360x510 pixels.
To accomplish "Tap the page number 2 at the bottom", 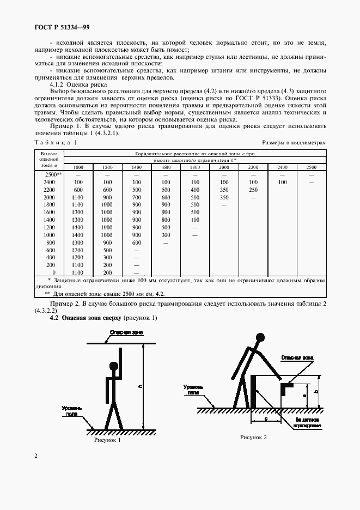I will coord(36,456).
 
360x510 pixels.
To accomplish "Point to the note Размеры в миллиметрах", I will coord(294,142).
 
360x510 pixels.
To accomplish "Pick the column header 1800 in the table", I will coord(195,167).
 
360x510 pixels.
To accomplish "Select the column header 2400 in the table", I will coord(282,167).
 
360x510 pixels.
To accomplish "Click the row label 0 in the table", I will coord(53,272).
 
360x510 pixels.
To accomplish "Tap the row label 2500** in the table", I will coord(50,174).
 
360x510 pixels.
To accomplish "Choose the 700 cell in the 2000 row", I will coord(137,197).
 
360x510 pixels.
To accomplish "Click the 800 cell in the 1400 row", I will coord(166,220).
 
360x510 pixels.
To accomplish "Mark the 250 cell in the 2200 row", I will coord(253,189).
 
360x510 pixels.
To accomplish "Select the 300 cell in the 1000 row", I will coord(166,234).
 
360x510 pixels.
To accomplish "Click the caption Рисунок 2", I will coord(254,437).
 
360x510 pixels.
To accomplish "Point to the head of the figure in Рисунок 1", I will coord(113,366).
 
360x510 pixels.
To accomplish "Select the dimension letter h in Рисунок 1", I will coord(140,386).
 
